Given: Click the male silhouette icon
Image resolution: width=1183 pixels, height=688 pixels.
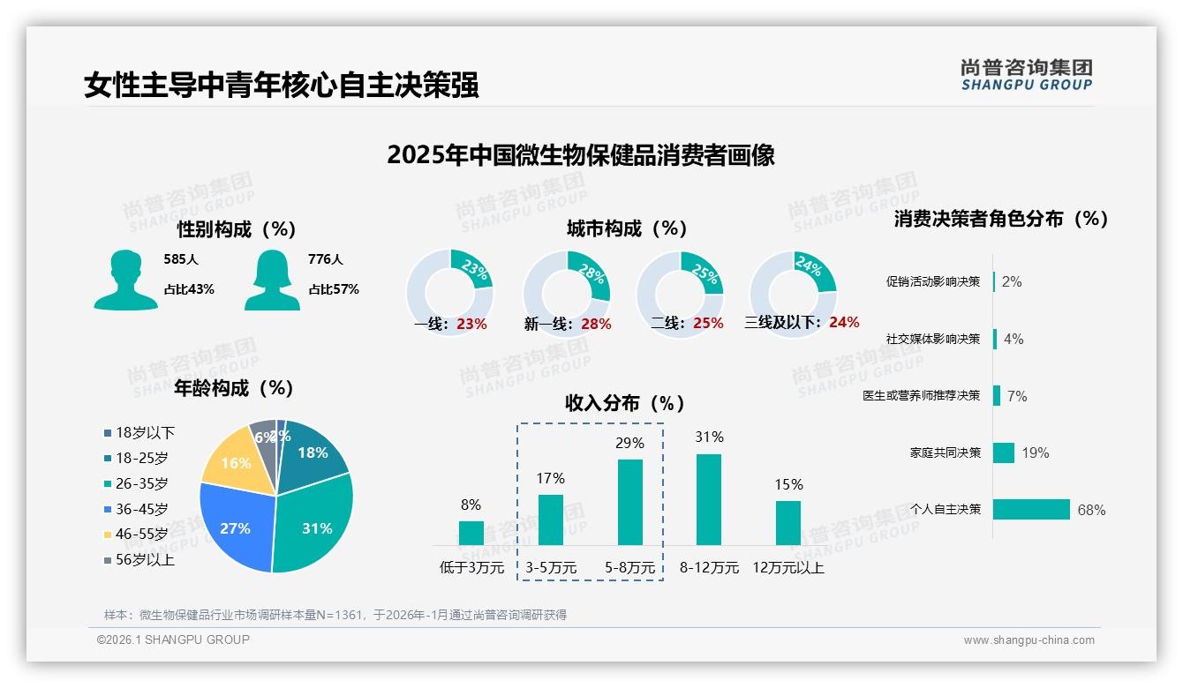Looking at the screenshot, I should click(x=125, y=280).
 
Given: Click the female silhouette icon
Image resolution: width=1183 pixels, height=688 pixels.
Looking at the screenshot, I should click(x=272, y=280).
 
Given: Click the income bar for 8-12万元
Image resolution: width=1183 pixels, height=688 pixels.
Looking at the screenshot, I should click(x=709, y=499).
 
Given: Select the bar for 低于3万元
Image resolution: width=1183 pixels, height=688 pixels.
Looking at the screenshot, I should click(x=471, y=533).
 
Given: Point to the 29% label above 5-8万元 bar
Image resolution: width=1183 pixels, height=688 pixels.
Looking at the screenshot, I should click(x=629, y=443).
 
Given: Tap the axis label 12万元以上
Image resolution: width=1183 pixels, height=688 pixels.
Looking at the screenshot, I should click(x=787, y=568).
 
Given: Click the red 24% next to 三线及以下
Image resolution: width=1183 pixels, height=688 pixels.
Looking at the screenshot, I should click(x=844, y=323).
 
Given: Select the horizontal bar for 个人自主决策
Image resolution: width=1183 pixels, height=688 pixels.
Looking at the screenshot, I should click(x=1030, y=510).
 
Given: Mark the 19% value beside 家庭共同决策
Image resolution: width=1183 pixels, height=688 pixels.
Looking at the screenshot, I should click(x=1036, y=453).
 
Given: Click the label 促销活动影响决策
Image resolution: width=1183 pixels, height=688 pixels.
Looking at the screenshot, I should click(x=933, y=282).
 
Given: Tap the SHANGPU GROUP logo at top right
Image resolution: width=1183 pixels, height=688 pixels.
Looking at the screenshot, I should click(x=1026, y=75).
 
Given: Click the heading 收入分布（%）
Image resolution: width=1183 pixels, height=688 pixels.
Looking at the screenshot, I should click(x=625, y=404).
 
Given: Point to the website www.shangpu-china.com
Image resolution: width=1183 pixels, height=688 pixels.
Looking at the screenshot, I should click(x=1029, y=640).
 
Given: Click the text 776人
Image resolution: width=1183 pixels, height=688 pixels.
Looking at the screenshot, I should click(x=325, y=259).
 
